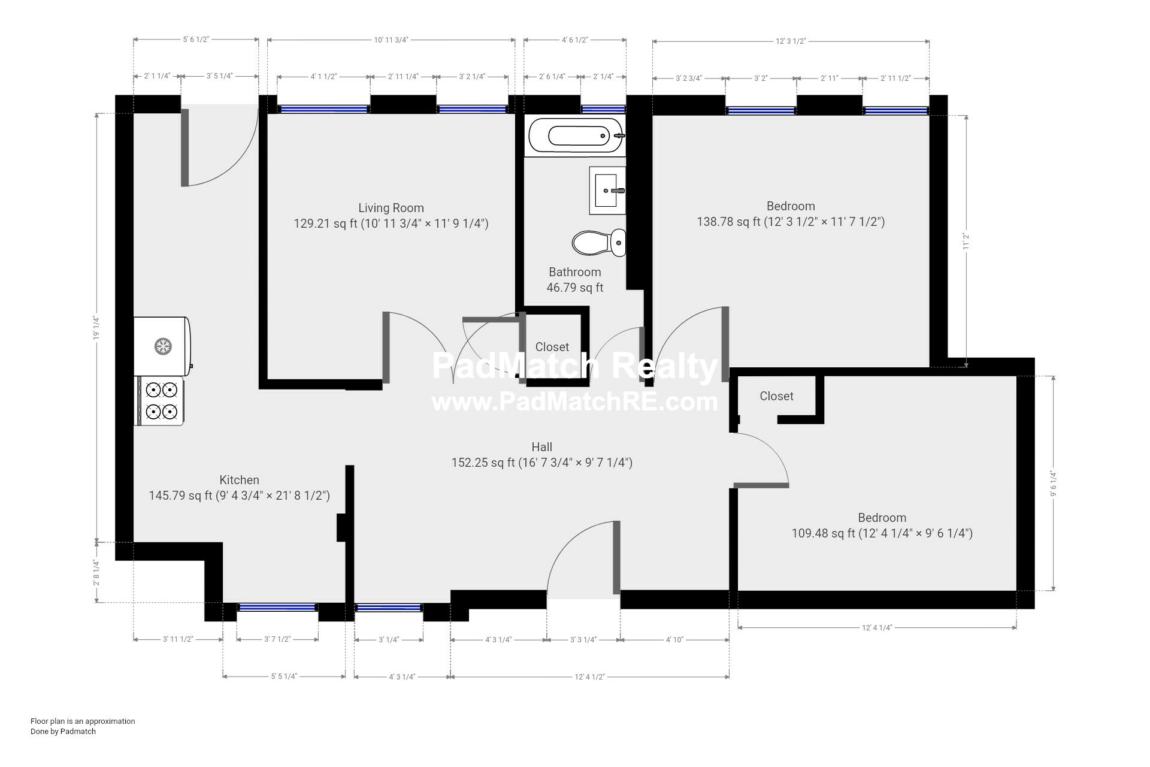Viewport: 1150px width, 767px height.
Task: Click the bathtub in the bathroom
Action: point(576,135)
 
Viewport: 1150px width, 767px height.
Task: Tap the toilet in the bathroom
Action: point(599,243)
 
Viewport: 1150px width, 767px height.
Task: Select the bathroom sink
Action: point(607,190)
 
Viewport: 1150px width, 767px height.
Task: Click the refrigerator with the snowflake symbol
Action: point(162,346)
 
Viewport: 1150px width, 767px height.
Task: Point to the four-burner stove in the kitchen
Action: point(160,401)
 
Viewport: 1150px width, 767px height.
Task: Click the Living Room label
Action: point(391,208)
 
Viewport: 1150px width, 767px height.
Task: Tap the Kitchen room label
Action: point(240,480)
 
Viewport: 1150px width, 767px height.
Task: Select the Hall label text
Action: point(542,447)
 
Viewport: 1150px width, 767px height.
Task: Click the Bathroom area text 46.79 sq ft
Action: point(575,288)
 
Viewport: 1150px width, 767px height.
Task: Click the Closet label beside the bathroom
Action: point(552,347)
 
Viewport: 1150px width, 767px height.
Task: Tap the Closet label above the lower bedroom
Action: point(777,396)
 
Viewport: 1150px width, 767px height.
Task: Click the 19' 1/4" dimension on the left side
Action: point(96,328)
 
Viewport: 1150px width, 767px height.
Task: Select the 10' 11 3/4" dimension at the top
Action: point(391,40)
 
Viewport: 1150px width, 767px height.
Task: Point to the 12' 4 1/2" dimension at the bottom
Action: point(590,677)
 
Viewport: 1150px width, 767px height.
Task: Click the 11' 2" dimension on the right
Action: point(966,241)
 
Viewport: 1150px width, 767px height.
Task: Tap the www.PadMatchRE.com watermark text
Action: point(575,401)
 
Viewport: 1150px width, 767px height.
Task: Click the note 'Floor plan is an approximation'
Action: point(83,721)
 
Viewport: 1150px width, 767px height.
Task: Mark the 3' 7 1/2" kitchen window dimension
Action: point(277,639)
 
